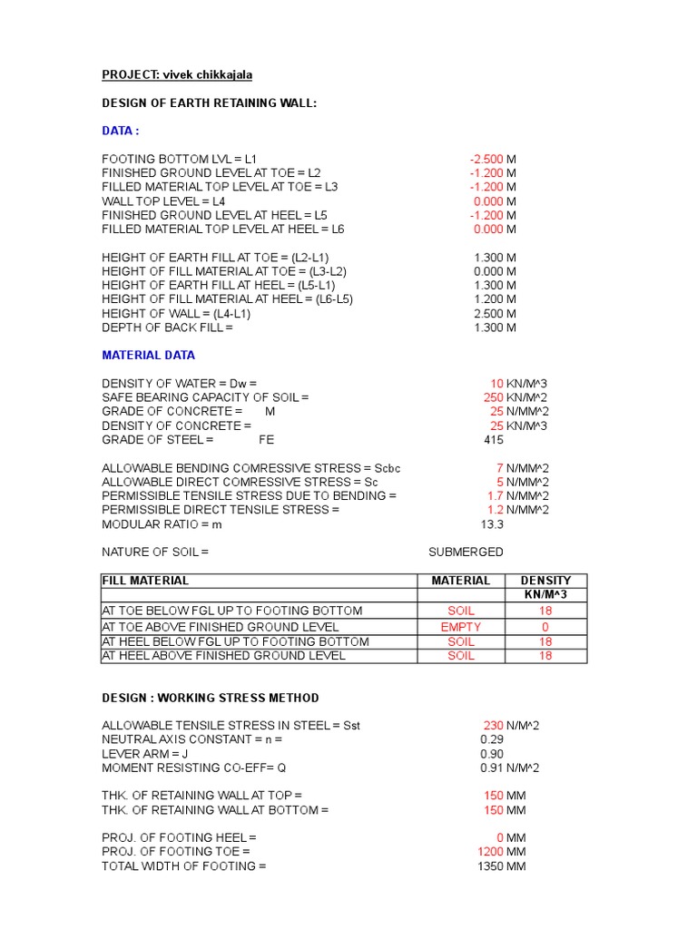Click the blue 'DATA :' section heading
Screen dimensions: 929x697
[120, 131]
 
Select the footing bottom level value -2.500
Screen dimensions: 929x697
[486, 159]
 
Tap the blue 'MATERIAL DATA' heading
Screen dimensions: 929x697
[148, 355]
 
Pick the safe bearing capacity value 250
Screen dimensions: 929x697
[494, 397]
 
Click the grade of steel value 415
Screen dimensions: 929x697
[494, 440]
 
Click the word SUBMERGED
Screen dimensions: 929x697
[466, 552]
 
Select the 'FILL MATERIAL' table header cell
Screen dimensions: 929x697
[146, 581]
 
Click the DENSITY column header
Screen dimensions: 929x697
[545, 581]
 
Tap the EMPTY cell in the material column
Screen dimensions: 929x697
[461, 627]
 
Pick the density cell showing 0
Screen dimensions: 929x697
[545, 627]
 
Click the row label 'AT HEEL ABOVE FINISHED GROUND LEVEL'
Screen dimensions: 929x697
[223, 655]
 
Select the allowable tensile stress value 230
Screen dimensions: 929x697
[493, 725]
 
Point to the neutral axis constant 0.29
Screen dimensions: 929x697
[491, 739]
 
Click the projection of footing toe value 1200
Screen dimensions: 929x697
[490, 852]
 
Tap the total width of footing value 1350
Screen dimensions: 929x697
[490, 866]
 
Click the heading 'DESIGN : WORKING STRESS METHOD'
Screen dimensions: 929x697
[210, 698]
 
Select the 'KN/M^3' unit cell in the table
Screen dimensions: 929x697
[545, 595]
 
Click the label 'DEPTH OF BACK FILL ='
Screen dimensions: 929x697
[167, 328]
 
